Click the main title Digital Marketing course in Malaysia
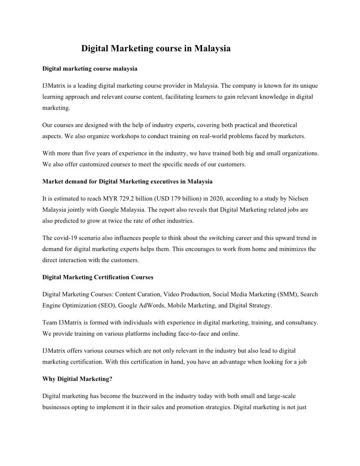click(156, 49)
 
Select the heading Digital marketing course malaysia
click(90, 69)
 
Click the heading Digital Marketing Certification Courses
click(98, 277)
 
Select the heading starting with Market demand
click(127, 181)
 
